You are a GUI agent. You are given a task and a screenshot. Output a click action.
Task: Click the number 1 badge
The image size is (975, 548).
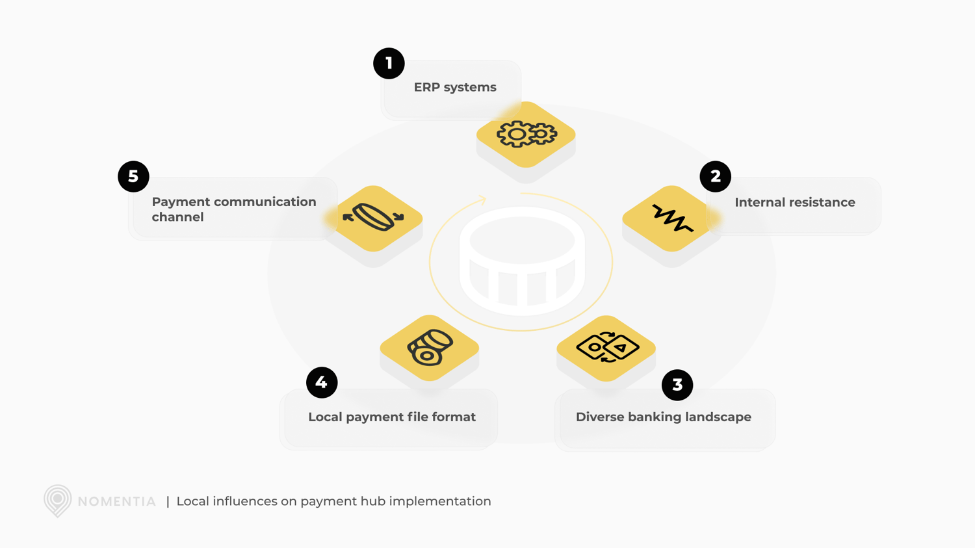[389, 63]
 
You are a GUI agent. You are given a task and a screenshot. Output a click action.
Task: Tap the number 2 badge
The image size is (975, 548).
[715, 176]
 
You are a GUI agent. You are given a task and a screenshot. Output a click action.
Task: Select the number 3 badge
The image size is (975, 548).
[677, 385]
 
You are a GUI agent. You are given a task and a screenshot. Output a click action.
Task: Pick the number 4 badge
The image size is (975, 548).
[322, 382]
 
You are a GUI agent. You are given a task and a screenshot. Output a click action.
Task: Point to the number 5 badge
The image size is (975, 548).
[133, 176]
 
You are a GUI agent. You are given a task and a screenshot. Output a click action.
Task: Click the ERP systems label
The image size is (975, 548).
[455, 87]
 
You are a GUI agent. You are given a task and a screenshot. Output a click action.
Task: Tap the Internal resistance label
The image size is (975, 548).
[794, 202]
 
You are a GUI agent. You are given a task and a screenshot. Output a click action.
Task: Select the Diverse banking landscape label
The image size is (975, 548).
[663, 417]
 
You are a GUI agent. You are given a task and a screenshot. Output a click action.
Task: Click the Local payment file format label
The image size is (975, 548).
[391, 417]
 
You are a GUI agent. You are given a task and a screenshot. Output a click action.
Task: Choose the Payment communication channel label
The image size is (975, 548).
[233, 209]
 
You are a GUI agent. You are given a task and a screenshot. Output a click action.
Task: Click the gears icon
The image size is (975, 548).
[526, 135]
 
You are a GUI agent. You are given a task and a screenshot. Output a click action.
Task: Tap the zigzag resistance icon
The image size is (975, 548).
[671, 218]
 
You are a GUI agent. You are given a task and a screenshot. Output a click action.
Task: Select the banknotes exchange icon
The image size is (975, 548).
[606, 348]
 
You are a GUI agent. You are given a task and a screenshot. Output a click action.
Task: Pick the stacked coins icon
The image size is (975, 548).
[430, 348]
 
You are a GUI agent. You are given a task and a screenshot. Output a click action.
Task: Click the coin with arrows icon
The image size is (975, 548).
[374, 218]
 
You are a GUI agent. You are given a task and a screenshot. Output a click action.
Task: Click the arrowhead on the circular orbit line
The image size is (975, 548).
[482, 198]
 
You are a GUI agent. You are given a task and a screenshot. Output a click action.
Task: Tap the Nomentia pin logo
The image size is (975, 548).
[57, 501]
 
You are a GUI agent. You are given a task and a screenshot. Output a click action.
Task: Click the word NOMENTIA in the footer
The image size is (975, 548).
[117, 502]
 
